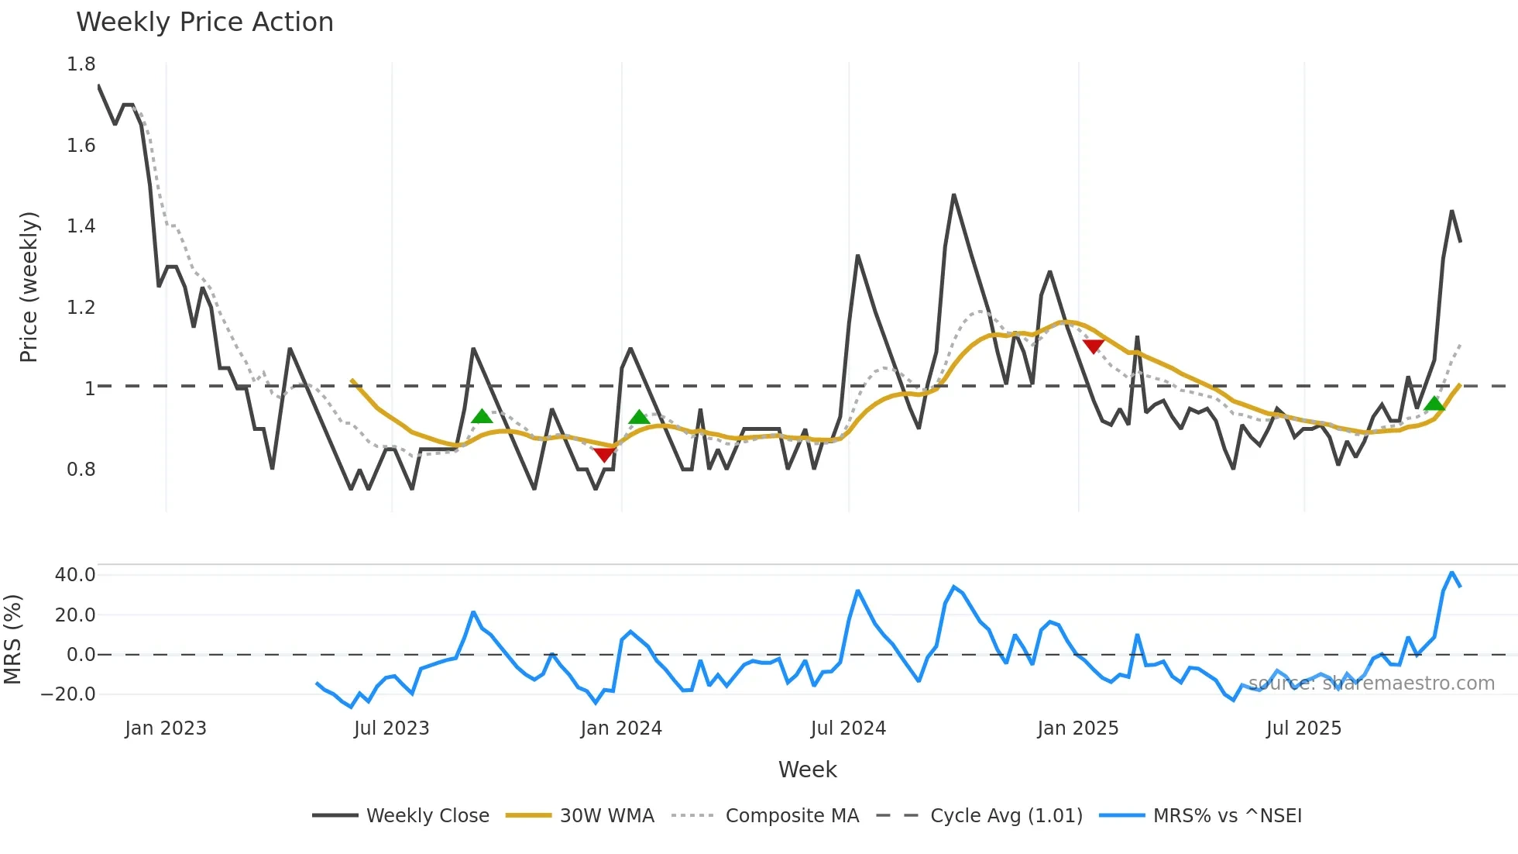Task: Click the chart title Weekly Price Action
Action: point(204,22)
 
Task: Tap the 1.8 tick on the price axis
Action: point(81,64)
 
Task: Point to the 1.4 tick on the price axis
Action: point(81,226)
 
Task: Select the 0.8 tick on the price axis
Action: point(81,470)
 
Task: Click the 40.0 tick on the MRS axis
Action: point(75,575)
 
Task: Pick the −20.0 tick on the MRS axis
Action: point(68,694)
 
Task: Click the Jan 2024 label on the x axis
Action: point(621,728)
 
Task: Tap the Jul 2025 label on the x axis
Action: point(1303,728)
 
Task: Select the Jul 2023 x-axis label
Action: point(391,728)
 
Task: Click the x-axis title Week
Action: point(807,770)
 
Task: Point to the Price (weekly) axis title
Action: point(29,287)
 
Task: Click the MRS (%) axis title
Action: point(13,639)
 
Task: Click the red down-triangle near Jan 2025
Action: point(1093,346)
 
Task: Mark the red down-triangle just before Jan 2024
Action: point(604,454)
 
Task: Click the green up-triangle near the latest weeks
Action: point(1434,403)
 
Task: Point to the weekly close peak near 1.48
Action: point(953,195)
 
